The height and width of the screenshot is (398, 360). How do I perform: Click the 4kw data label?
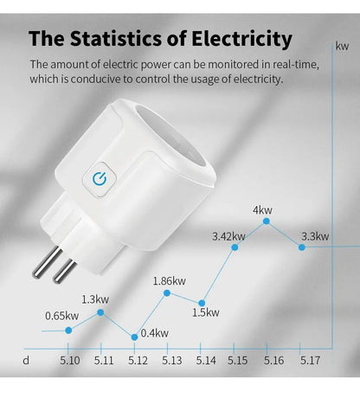263,209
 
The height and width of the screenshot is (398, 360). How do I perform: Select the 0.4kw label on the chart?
154,333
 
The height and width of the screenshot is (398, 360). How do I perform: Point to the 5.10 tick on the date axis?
70,360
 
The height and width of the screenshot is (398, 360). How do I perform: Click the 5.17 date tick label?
310,360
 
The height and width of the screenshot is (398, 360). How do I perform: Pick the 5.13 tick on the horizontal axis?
171,360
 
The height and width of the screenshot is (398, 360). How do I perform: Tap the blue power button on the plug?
98,179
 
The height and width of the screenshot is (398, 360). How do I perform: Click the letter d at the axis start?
27,360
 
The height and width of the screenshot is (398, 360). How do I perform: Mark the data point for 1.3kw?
102,311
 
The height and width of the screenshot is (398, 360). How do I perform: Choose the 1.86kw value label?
169,280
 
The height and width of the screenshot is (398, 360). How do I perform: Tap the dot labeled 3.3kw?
301,247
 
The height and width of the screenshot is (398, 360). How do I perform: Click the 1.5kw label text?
206,312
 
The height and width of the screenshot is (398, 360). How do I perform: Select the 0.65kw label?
61,315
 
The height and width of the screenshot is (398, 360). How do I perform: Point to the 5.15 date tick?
240,360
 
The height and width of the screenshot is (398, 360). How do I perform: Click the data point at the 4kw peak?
267,221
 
